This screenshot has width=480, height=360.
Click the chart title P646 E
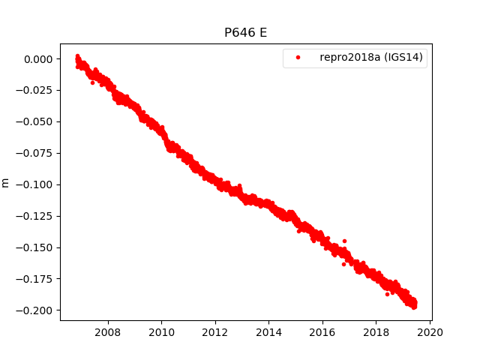point(245,33)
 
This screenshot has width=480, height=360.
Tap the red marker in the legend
point(298,57)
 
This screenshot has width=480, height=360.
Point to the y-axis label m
point(6,182)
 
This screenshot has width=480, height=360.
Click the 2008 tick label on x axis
point(108,332)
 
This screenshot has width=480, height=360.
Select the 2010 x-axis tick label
point(161,332)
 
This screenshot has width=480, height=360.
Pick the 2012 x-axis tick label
point(215,332)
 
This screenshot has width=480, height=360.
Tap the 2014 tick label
point(268,332)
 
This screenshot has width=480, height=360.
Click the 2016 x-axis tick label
point(322,332)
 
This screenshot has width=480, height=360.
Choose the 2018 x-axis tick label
point(376,332)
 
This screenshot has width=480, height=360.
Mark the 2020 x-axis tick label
point(430,332)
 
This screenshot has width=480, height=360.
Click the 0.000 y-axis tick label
point(38,59)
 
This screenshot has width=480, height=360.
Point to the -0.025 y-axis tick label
point(36,90)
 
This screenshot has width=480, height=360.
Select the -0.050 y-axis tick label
point(36,121)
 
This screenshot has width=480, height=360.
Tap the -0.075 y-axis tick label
point(36,153)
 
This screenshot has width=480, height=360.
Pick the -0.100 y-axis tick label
point(36,184)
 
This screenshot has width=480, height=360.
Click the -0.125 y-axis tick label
point(36,216)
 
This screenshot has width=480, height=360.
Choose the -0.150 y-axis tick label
point(36,247)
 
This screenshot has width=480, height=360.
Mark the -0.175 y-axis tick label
point(36,279)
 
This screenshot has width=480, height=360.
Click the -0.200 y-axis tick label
point(36,310)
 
